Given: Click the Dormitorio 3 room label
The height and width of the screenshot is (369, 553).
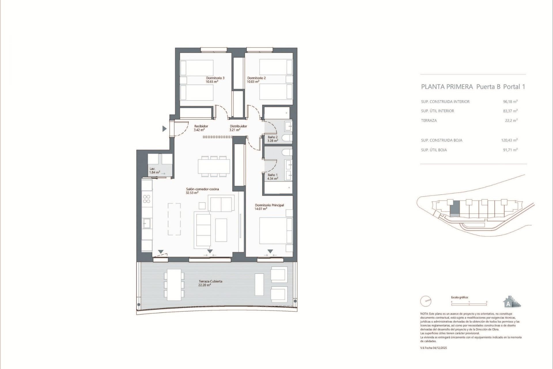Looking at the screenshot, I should [x=215, y=78].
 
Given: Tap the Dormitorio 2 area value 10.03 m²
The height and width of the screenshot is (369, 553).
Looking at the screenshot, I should [x=253, y=82].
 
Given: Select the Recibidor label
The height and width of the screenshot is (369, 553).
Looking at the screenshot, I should [x=201, y=126].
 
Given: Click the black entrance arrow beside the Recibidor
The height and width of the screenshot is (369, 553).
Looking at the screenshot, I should [x=164, y=129].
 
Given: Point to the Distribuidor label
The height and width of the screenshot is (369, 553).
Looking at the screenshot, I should [x=238, y=126].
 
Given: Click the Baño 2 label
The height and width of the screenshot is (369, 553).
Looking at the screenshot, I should [x=272, y=137].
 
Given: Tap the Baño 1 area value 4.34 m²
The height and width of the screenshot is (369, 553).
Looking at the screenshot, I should [x=272, y=178].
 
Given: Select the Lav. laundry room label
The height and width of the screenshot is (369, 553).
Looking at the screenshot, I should [x=152, y=169].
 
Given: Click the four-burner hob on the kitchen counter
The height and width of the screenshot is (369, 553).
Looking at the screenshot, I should [x=147, y=199].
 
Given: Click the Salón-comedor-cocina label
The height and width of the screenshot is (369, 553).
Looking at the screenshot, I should [x=202, y=189].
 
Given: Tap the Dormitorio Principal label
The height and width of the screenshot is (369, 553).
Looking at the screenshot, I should [x=269, y=205].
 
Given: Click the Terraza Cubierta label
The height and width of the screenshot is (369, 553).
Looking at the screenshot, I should [x=210, y=281].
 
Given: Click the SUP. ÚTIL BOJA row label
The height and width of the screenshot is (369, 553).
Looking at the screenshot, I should [x=434, y=150].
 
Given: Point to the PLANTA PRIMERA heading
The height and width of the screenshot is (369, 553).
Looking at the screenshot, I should [x=447, y=86].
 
